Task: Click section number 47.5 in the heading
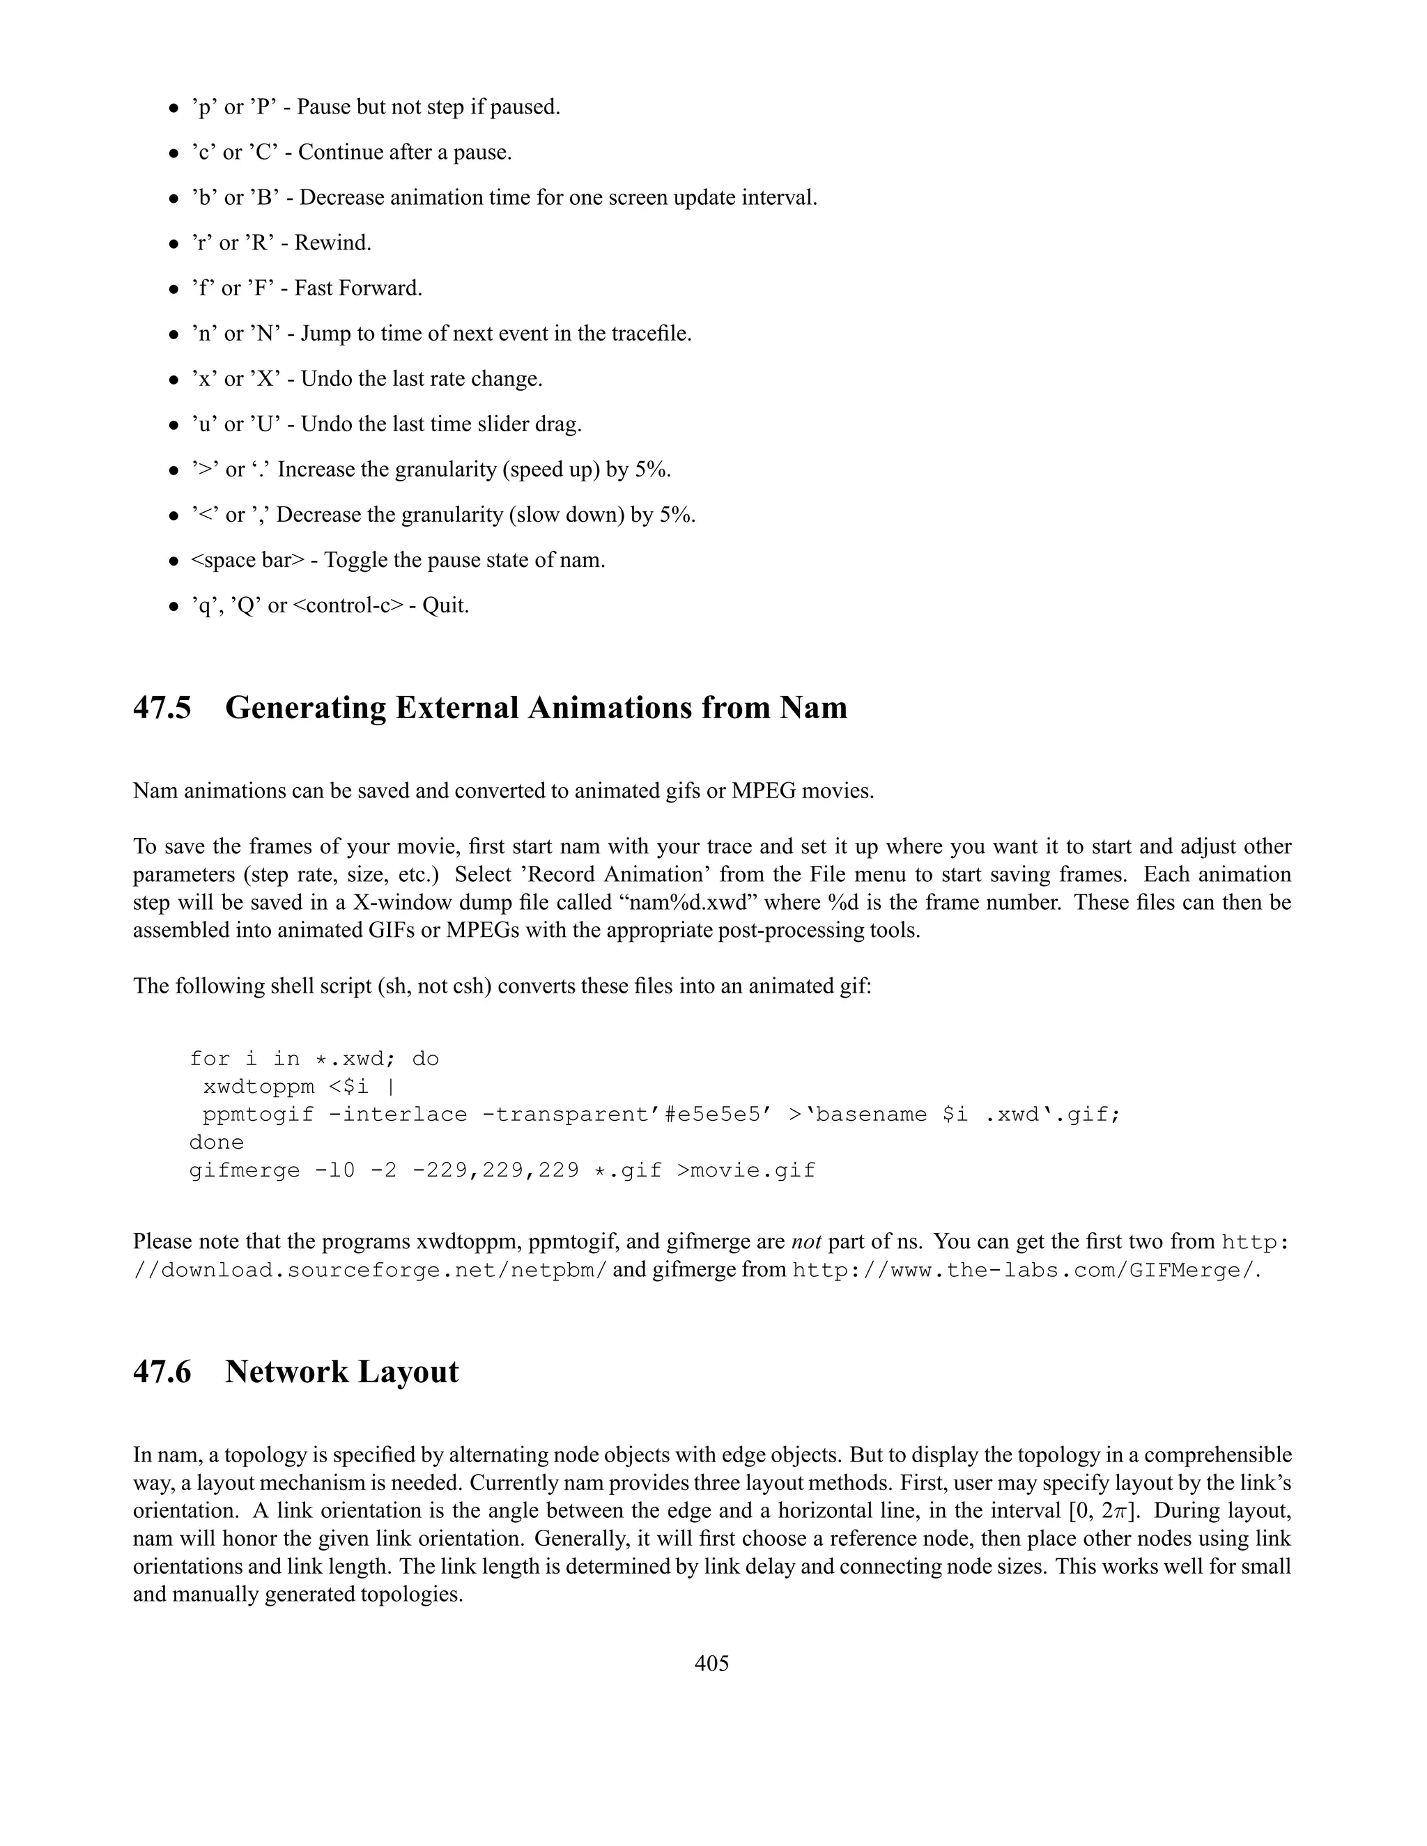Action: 162,708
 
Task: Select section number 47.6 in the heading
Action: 162,1372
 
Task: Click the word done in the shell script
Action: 217,1142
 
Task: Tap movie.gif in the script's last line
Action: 753,1171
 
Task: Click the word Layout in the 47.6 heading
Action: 408,1372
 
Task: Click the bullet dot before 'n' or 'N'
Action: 173,334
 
